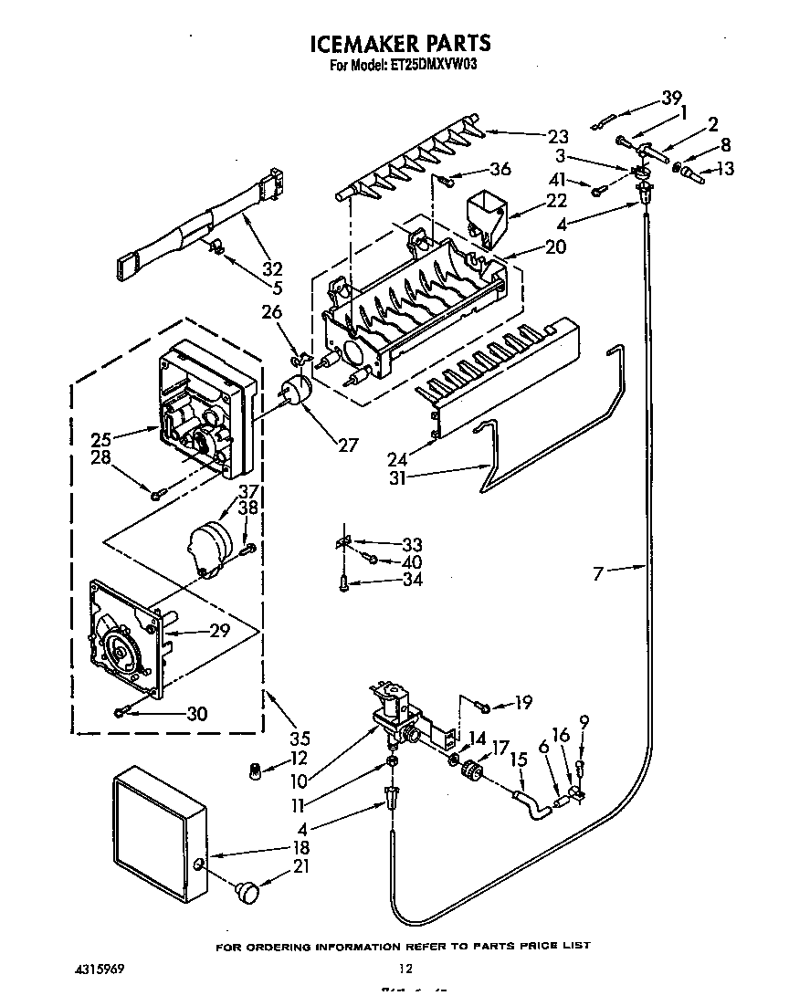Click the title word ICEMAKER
pos(359,43)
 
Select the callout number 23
pos(558,137)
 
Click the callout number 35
pos(299,739)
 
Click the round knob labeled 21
pos(247,891)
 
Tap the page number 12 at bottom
pos(405,969)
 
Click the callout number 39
pos(672,98)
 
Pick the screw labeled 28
pos(157,493)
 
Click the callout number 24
pos(398,449)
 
